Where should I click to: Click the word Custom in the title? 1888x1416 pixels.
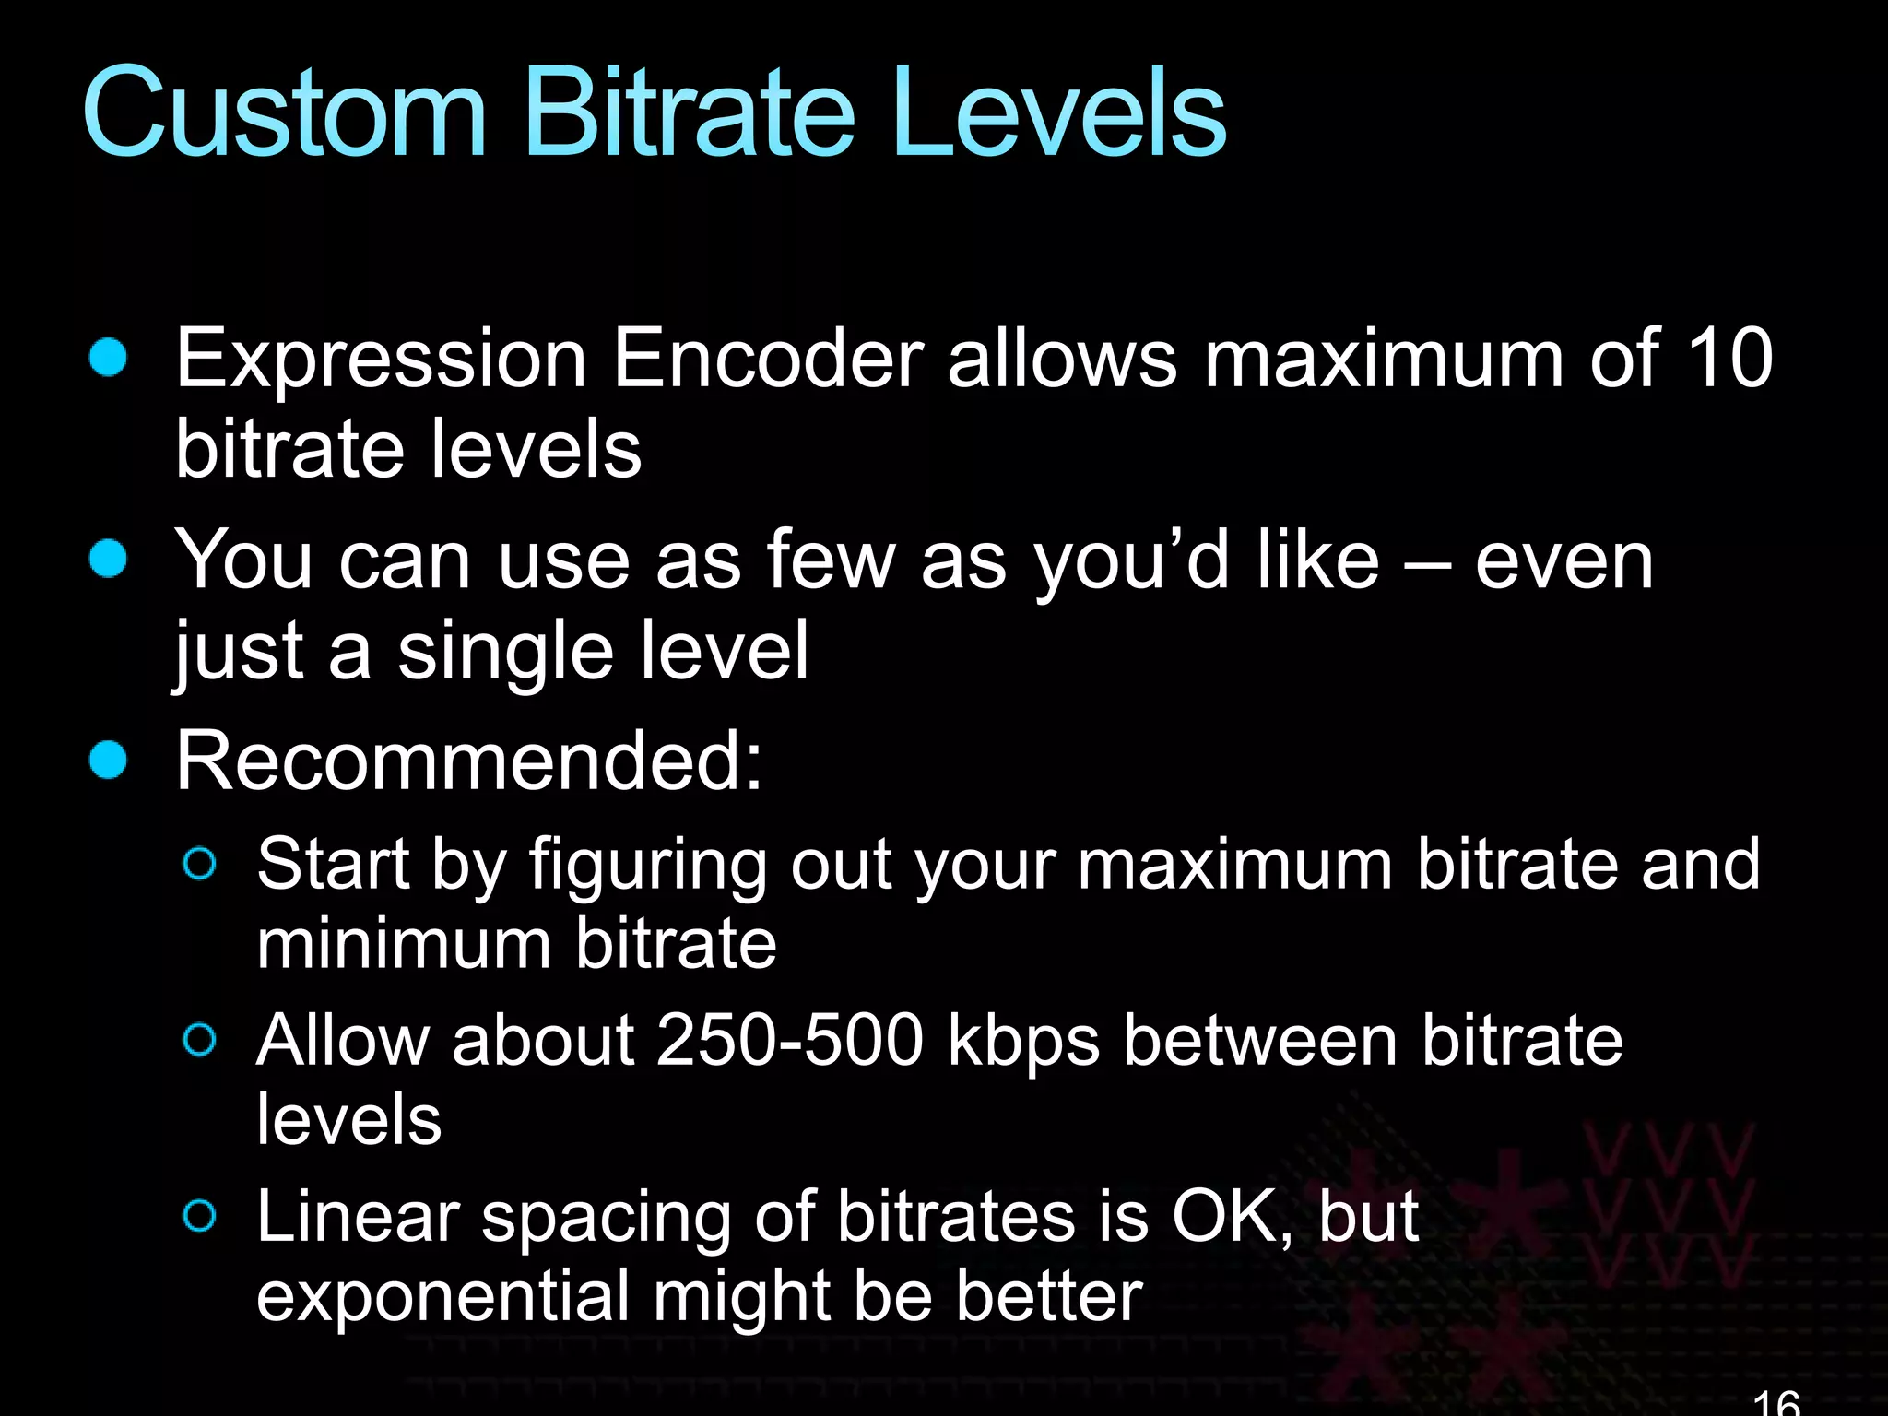(284, 112)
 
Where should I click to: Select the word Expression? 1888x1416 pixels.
(381, 360)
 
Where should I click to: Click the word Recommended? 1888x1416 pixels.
(469, 761)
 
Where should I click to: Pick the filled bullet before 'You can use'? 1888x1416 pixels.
(109, 559)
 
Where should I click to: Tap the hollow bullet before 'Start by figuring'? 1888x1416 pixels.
(200, 864)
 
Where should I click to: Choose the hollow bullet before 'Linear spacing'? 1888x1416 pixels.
(200, 1216)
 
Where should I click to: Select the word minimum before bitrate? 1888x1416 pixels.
(403, 944)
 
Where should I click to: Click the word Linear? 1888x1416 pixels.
(358, 1217)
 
